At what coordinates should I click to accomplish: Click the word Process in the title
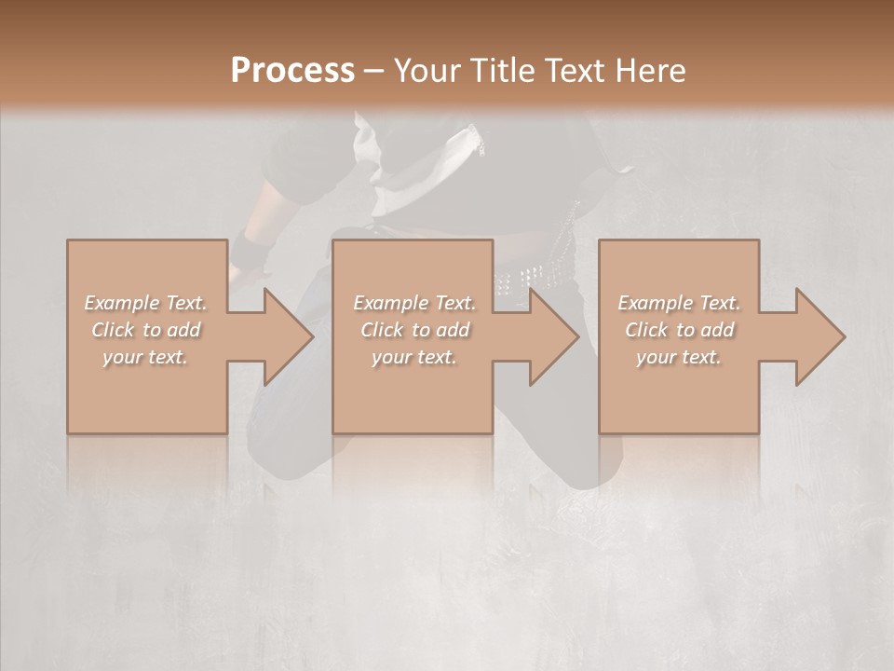(x=292, y=70)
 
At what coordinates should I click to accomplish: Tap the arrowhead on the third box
(x=819, y=336)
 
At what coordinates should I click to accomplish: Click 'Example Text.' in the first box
(x=145, y=303)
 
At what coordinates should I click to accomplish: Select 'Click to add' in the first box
(x=145, y=330)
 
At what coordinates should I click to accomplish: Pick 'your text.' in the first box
(x=145, y=357)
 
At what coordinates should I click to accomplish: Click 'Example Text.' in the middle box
(x=414, y=303)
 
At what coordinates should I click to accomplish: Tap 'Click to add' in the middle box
(x=414, y=330)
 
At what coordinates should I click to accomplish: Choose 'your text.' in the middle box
(x=414, y=357)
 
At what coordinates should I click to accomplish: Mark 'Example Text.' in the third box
(x=679, y=303)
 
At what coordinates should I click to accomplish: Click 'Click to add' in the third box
(x=679, y=330)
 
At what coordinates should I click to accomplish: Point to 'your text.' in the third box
(x=679, y=357)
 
